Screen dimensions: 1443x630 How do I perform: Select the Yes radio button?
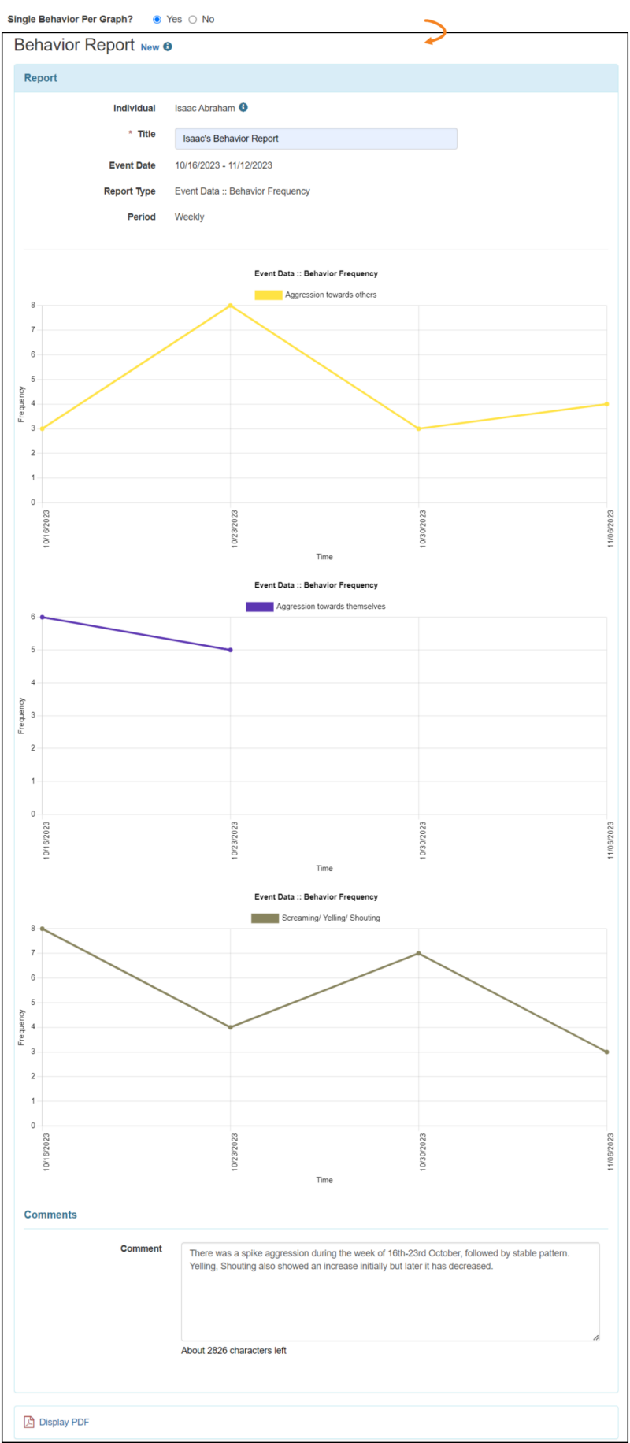click(x=157, y=20)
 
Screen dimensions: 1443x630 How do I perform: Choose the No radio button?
click(x=193, y=20)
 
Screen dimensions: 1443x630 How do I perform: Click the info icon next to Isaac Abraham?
click(x=243, y=108)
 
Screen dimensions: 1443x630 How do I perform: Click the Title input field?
click(x=315, y=139)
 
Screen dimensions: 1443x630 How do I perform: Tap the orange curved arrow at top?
click(x=435, y=32)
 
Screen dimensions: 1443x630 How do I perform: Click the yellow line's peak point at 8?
click(x=230, y=306)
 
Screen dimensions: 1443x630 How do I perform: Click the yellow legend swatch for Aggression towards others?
click(x=268, y=295)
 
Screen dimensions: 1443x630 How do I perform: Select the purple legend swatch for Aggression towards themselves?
click(x=259, y=607)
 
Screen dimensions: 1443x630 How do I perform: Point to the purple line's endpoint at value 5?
click(x=230, y=650)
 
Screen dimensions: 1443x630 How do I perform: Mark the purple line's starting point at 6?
click(x=43, y=618)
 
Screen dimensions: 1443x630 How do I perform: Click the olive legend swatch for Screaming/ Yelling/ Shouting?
click(x=265, y=918)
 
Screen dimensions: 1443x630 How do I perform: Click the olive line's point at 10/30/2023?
click(x=418, y=954)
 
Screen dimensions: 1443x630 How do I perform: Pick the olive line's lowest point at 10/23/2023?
click(x=230, y=1027)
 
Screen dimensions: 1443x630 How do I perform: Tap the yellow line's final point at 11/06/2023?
click(x=606, y=404)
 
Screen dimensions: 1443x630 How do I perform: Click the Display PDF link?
click(x=63, y=1422)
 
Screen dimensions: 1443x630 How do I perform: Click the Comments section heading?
click(x=50, y=1215)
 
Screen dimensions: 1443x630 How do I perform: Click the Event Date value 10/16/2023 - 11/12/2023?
click(x=224, y=165)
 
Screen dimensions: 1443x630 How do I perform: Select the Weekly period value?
click(x=189, y=217)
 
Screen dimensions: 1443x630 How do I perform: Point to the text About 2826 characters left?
click(x=233, y=1350)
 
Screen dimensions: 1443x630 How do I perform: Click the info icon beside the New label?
click(x=168, y=47)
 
